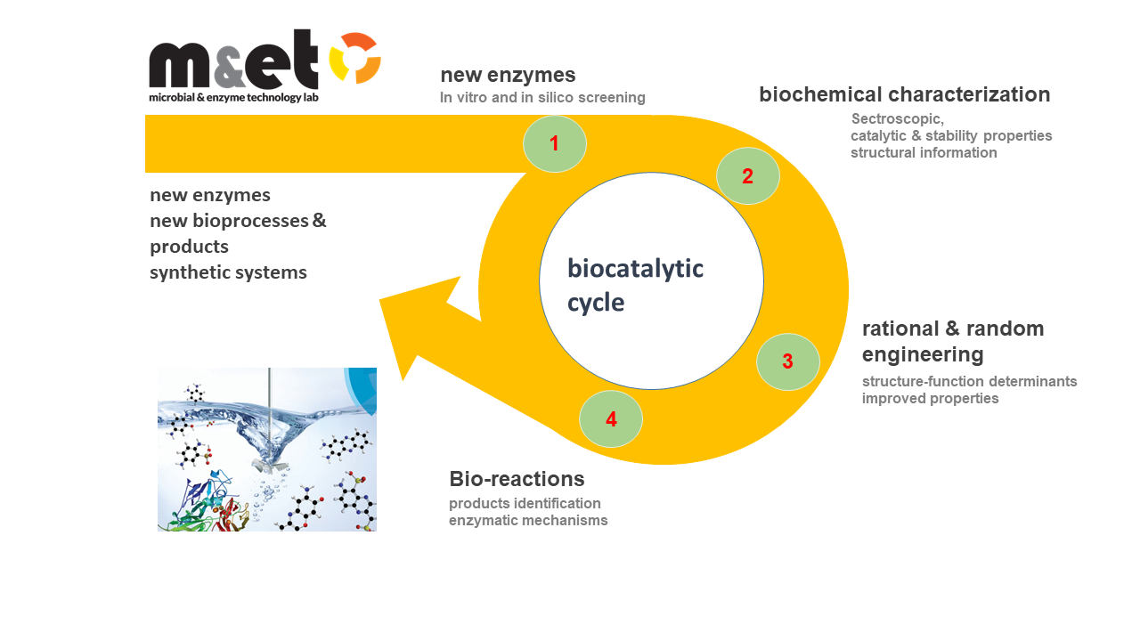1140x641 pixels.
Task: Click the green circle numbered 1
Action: pyautogui.click(x=554, y=143)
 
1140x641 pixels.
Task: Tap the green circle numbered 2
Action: pyautogui.click(x=747, y=176)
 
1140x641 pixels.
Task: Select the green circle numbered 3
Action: pyautogui.click(x=787, y=361)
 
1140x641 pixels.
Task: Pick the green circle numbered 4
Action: pyautogui.click(x=610, y=418)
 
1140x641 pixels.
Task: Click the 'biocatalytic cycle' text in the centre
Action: pyautogui.click(x=635, y=285)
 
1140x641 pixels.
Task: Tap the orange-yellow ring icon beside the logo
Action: pyautogui.click(x=355, y=58)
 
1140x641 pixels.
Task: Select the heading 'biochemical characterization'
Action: pyautogui.click(x=904, y=94)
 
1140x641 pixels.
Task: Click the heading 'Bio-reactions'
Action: pyautogui.click(x=517, y=479)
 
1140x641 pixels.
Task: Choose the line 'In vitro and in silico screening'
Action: pyautogui.click(x=541, y=97)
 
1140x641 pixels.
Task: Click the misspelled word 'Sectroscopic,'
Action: pyautogui.click(x=897, y=118)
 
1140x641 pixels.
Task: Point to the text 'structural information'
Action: pyautogui.click(x=924, y=152)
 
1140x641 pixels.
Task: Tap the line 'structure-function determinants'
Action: pyautogui.click(x=969, y=381)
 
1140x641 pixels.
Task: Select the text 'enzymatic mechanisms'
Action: pyautogui.click(x=528, y=520)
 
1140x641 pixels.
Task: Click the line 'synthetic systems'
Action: pyautogui.click(x=228, y=272)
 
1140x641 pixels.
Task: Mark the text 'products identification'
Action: pyautogui.click(x=525, y=503)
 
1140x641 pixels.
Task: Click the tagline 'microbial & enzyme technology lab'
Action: pyautogui.click(x=233, y=96)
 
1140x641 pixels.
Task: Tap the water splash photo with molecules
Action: pyautogui.click(x=267, y=450)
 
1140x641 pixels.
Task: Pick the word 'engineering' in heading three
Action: pyautogui.click(x=923, y=354)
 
